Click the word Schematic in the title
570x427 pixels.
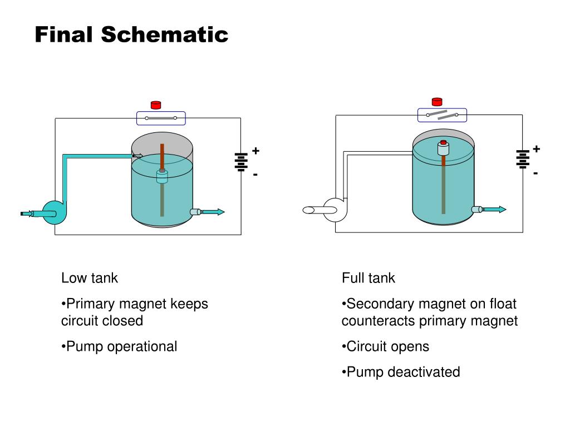[x=164, y=34]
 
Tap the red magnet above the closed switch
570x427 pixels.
[x=156, y=105]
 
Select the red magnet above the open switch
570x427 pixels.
[x=437, y=102]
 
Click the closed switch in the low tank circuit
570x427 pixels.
[x=161, y=118]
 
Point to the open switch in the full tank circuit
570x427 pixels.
[x=442, y=115]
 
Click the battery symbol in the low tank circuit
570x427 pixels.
[x=241, y=162]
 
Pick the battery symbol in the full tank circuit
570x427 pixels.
[x=523, y=159]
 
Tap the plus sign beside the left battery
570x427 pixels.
[x=255, y=150]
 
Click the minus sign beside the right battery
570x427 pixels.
[x=535, y=173]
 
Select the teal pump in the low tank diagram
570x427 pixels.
[x=53, y=213]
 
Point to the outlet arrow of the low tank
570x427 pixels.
[x=213, y=212]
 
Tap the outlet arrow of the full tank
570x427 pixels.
[x=494, y=209]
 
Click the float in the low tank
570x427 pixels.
[x=162, y=176]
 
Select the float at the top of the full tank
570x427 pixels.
[x=443, y=148]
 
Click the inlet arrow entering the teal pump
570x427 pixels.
[x=27, y=213]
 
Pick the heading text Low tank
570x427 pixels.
[x=90, y=278]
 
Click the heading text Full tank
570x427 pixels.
[x=368, y=278]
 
